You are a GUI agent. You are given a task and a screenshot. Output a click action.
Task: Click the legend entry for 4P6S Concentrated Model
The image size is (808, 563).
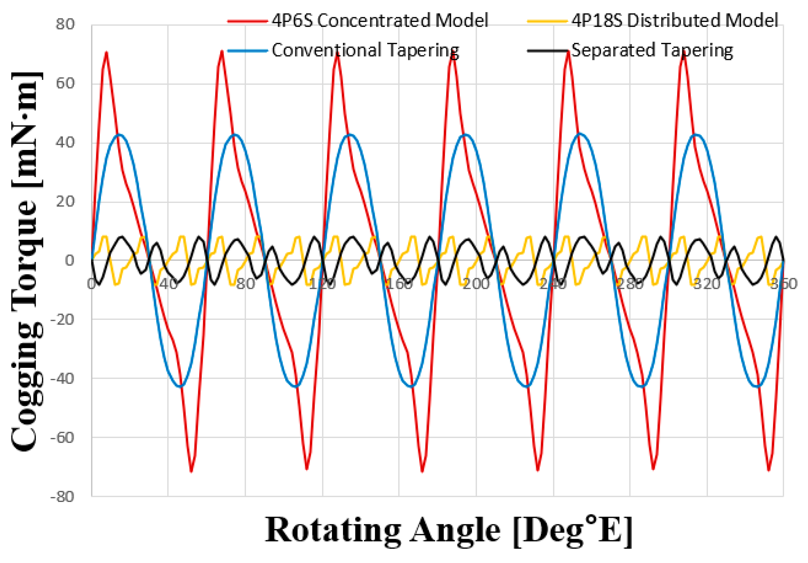point(379,21)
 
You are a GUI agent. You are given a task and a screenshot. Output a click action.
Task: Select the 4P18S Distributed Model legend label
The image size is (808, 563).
point(674,21)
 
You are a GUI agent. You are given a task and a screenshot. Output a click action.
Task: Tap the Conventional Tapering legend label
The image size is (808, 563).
point(365,50)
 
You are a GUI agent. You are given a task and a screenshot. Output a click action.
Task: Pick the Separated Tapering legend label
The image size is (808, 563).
point(652,50)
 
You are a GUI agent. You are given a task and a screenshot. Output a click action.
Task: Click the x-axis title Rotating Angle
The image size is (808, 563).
point(448,530)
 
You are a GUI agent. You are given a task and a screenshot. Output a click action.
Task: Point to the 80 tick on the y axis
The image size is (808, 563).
point(65,25)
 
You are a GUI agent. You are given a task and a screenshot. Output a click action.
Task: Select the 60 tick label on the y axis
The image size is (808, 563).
point(65,84)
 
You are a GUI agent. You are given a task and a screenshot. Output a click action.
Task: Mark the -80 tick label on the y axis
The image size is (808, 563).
point(63,497)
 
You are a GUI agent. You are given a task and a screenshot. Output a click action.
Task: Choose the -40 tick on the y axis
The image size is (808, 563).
point(63,379)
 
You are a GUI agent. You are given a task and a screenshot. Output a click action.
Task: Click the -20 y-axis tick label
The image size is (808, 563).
point(63,320)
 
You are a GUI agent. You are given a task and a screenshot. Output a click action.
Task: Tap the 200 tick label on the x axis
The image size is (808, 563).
point(476,284)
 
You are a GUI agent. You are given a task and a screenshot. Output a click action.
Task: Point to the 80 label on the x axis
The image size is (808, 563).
point(245,284)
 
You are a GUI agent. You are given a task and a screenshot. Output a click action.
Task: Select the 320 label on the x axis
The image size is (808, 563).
point(707,284)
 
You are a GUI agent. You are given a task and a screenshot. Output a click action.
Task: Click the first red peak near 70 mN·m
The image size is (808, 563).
point(106,53)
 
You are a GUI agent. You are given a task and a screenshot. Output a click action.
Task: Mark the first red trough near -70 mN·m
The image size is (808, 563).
point(191,471)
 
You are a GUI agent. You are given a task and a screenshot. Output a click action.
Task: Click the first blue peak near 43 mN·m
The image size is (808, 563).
point(120,134)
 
